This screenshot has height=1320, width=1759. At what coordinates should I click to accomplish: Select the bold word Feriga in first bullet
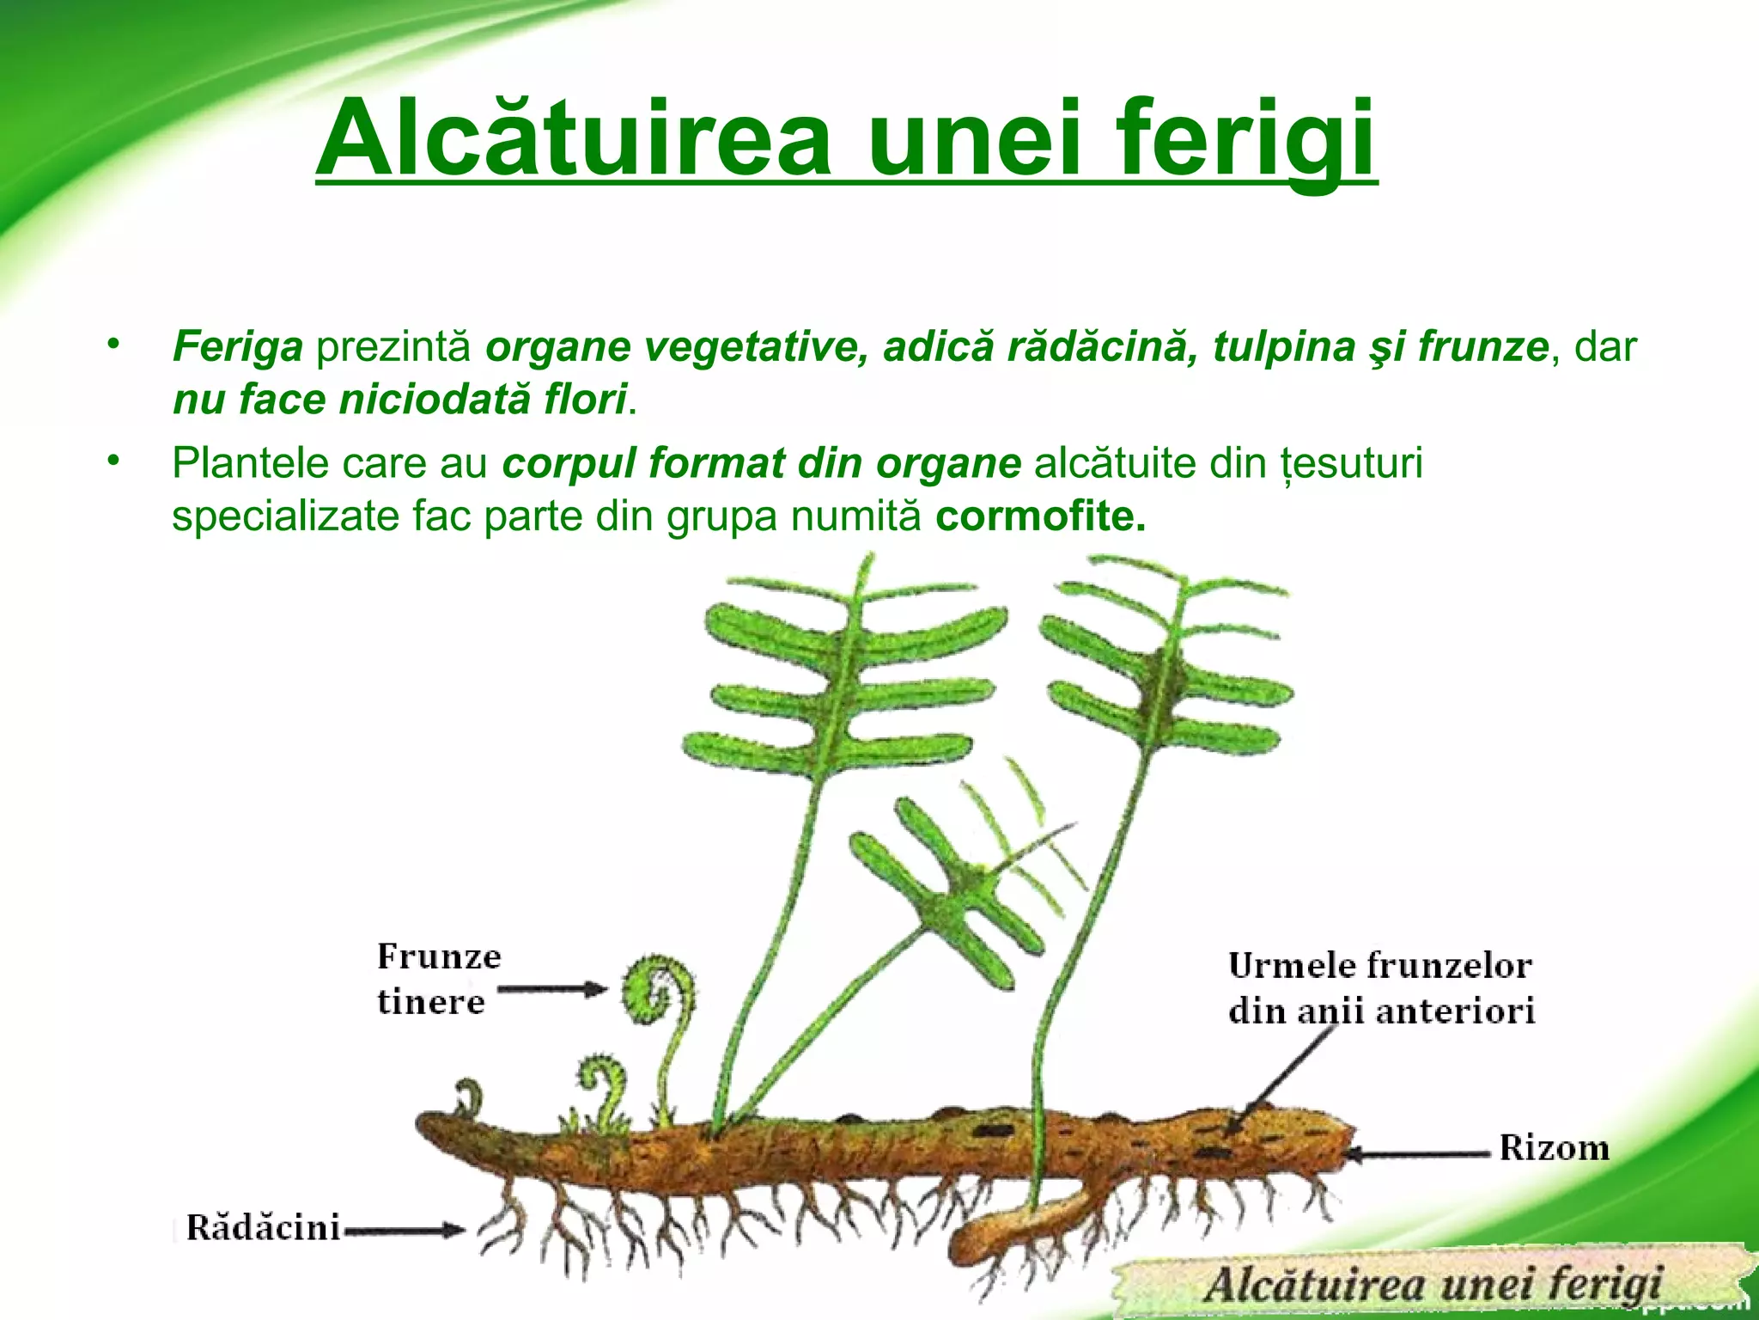click(238, 347)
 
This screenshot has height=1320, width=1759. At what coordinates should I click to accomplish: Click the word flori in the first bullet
click(584, 400)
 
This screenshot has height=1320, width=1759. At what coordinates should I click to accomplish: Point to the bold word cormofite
click(1040, 516)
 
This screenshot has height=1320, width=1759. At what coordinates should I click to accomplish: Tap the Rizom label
click(1554, 1148)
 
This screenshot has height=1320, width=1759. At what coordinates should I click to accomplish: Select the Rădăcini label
click(264, 1227)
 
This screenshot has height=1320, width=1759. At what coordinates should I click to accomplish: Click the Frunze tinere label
click(438, 979)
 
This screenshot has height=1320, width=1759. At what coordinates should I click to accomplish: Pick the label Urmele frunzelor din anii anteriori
click(1380, 988)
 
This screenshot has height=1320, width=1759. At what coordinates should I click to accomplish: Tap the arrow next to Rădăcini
click(404, 1231)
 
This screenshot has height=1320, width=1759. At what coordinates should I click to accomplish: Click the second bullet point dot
click(112, 461)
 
